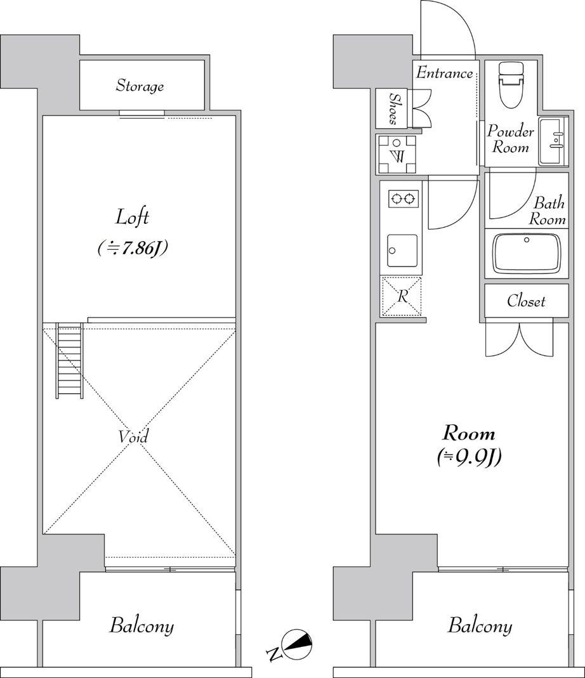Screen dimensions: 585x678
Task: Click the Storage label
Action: point(140,86)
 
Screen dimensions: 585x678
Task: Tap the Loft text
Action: point(133,217)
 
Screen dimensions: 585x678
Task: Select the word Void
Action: point(133,437)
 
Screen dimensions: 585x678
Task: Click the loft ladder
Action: point(69,360)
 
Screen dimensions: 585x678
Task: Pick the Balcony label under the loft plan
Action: point(141,626)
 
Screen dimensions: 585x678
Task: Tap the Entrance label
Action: point(444,73)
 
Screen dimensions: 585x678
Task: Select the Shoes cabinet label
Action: point(394,108)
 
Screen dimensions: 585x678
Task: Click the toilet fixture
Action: point(511,84)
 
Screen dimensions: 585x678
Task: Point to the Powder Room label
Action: point(511,140)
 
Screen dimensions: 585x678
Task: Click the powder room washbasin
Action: point(553,141)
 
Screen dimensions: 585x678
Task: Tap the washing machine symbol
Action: point(397,154)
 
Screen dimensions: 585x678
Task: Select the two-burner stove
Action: point(404,199)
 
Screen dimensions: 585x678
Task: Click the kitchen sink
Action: point(402,251)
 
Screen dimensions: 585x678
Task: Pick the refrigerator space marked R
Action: point(402,297)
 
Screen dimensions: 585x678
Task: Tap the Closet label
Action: point(526,301)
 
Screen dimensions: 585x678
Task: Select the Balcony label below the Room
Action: point(480,626)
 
